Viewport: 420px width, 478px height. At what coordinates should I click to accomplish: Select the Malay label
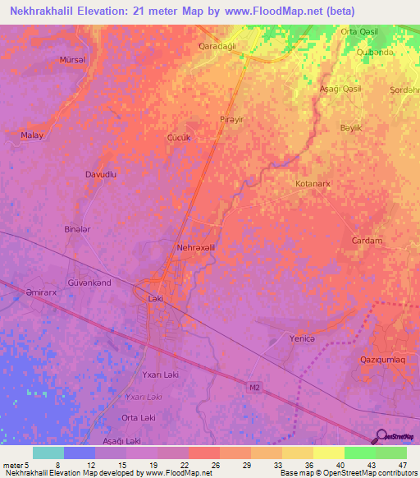[33, 135]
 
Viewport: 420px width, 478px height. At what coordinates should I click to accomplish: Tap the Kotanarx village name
[313, 185]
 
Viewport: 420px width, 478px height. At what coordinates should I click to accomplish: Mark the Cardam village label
[367, 241]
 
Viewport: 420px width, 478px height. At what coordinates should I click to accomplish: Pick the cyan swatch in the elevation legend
[48, 453]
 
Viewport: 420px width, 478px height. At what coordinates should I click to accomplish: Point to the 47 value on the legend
[402, 466]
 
